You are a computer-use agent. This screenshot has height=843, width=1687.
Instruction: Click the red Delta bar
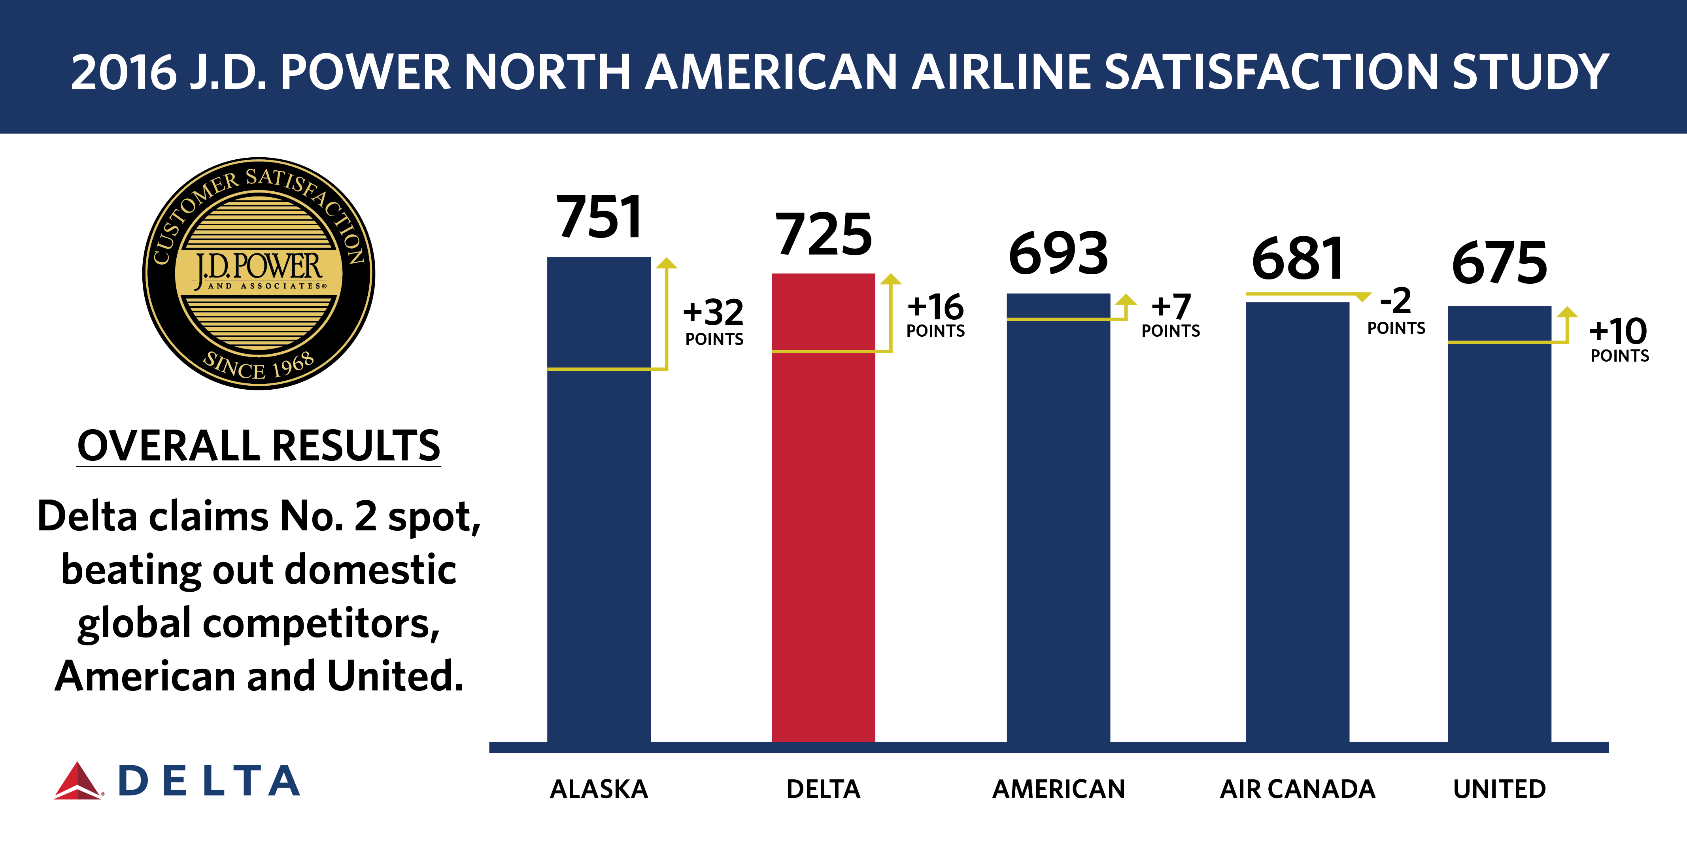823,507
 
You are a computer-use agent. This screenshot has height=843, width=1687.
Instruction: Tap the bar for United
1499,524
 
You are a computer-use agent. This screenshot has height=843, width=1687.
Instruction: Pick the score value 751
599,217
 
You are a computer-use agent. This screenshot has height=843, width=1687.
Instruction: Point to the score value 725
823,234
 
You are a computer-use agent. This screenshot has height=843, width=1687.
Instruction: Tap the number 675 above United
1499,264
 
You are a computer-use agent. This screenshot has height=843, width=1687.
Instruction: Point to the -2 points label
1396,310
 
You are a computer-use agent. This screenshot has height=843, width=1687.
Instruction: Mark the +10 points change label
1619,339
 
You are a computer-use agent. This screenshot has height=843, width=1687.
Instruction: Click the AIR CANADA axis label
1297,789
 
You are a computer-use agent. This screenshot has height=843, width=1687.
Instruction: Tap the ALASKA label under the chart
599,789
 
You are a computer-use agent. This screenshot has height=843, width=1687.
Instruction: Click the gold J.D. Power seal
259,273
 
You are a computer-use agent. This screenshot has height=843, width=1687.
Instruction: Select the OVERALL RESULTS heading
259,446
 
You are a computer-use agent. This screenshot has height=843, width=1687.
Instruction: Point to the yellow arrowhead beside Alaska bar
667,263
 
